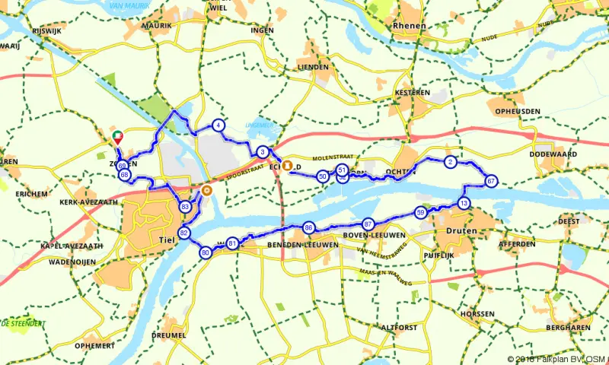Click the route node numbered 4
point(218,125)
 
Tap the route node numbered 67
point(491,181)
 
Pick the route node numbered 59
point(420,213)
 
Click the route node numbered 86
point(308,227)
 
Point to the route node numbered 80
point(205,252)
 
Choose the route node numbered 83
point(185,207)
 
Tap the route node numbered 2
point(450,162)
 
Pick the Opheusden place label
point(518,111)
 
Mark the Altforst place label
point(399,327)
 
